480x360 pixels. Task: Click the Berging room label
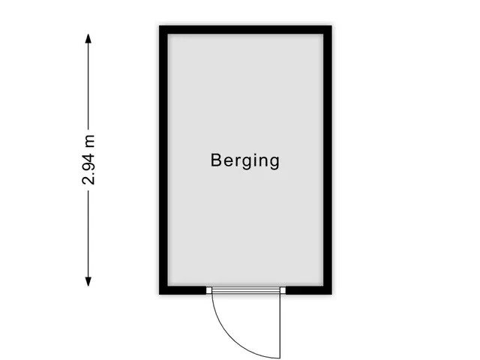245,160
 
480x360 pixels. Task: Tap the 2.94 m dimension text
88,160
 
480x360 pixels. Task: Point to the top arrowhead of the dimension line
88,38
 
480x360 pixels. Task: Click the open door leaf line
280,326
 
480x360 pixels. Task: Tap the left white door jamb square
208,290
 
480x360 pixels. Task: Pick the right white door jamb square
283,290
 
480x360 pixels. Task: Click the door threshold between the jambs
246,290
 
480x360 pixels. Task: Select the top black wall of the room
245,30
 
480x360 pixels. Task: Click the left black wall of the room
163,160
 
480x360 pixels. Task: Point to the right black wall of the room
328,160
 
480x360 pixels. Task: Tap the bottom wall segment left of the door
183,290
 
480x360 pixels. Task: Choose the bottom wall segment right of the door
309,290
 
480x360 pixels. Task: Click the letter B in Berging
215,160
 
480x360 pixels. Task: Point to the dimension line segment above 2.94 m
88,86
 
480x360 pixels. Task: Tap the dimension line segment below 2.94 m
88,234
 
